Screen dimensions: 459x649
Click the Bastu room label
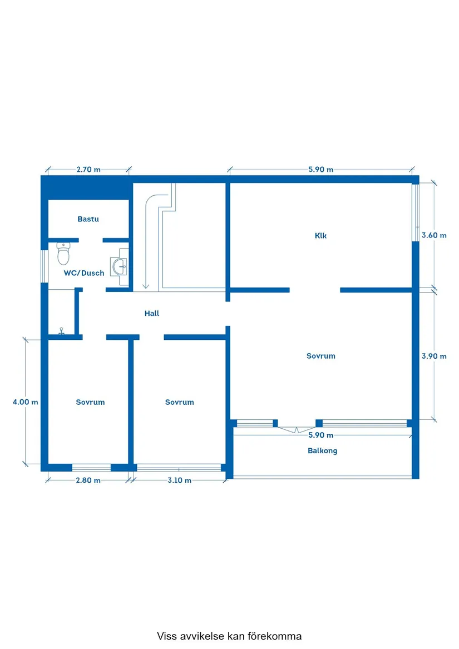[x=88, y=219]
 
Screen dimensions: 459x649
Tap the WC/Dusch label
[x=84, y=273]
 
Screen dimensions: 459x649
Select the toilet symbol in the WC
[x=63, y=253]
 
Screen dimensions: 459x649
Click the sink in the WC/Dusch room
[x=120, y=266]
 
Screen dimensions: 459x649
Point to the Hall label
[x=152, y=313]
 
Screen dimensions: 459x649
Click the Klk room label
[x=320, y=235]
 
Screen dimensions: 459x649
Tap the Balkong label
[x=322, y=450]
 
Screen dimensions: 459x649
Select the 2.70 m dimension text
[x=88, y=169]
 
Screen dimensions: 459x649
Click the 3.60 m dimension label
[x=434, y=235]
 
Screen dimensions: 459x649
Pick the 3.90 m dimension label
[x=434, y=356]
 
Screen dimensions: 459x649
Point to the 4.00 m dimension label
[x=25, y=402]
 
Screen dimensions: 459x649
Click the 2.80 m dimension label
[x=88, y=480]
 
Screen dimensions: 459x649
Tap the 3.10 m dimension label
[x=179, y=480]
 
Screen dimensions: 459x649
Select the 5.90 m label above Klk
[x=320, y=169]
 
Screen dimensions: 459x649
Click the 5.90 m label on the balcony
[x=320, y=435]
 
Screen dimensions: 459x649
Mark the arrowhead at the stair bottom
[x=145, y=286]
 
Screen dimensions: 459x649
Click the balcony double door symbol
[x=297, y=430]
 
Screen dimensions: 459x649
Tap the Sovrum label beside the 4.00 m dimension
[x=90, y=402]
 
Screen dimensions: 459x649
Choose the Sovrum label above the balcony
[x=321, y=356]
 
